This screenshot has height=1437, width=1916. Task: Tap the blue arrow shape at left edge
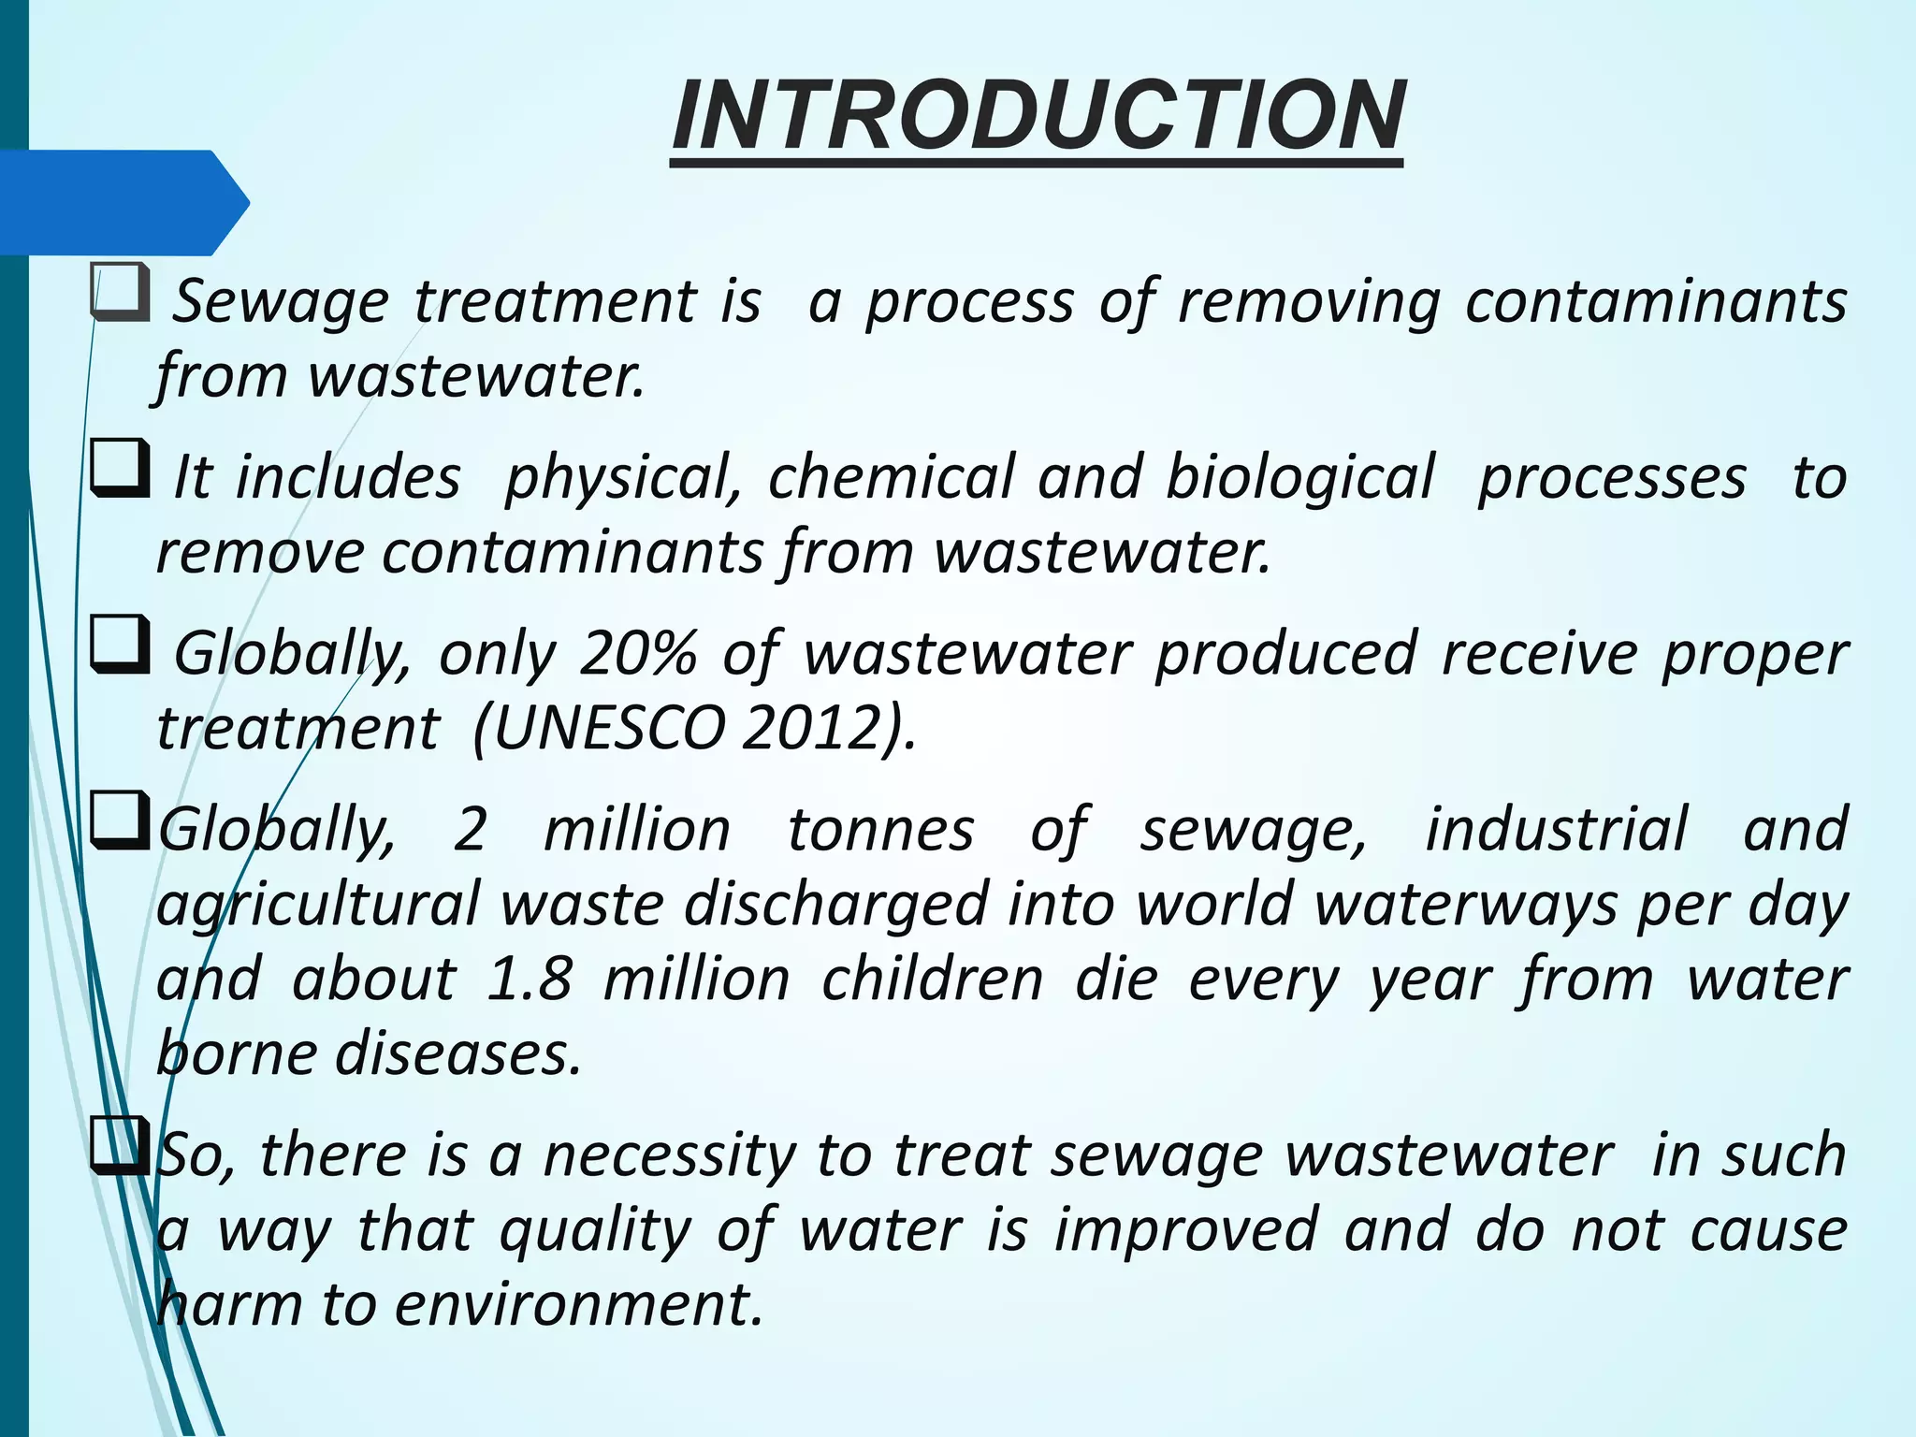122,202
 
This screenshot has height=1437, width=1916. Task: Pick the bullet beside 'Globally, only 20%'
120,646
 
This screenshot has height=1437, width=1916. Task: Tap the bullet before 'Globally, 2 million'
120,821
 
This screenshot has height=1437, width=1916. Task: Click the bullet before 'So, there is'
120,1147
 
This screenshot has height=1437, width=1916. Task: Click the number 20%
638,653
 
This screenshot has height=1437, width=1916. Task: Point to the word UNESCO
608,728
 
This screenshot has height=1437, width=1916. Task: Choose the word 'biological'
1299,477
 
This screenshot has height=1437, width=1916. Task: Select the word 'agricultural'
318,906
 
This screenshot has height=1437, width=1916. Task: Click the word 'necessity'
668,1156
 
